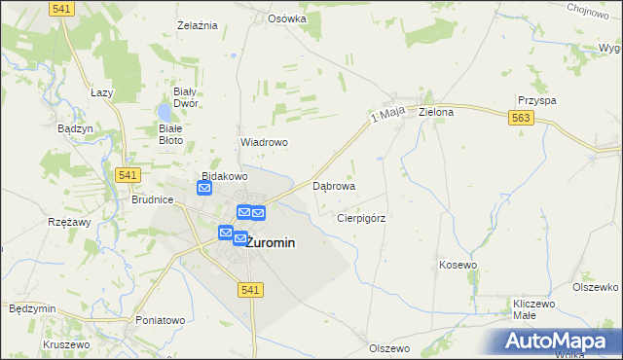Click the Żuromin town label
[271, 243]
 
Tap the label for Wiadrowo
[263, 142]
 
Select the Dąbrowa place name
[333, 185]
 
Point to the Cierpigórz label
[361, 218]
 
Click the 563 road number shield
[520, 118]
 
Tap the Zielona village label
[436, 112]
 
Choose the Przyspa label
[536, 100]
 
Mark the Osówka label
[287, 18]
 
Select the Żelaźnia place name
[196, 24]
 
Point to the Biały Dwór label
[185, 96]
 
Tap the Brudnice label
[152, 198]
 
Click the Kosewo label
[458, 265]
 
